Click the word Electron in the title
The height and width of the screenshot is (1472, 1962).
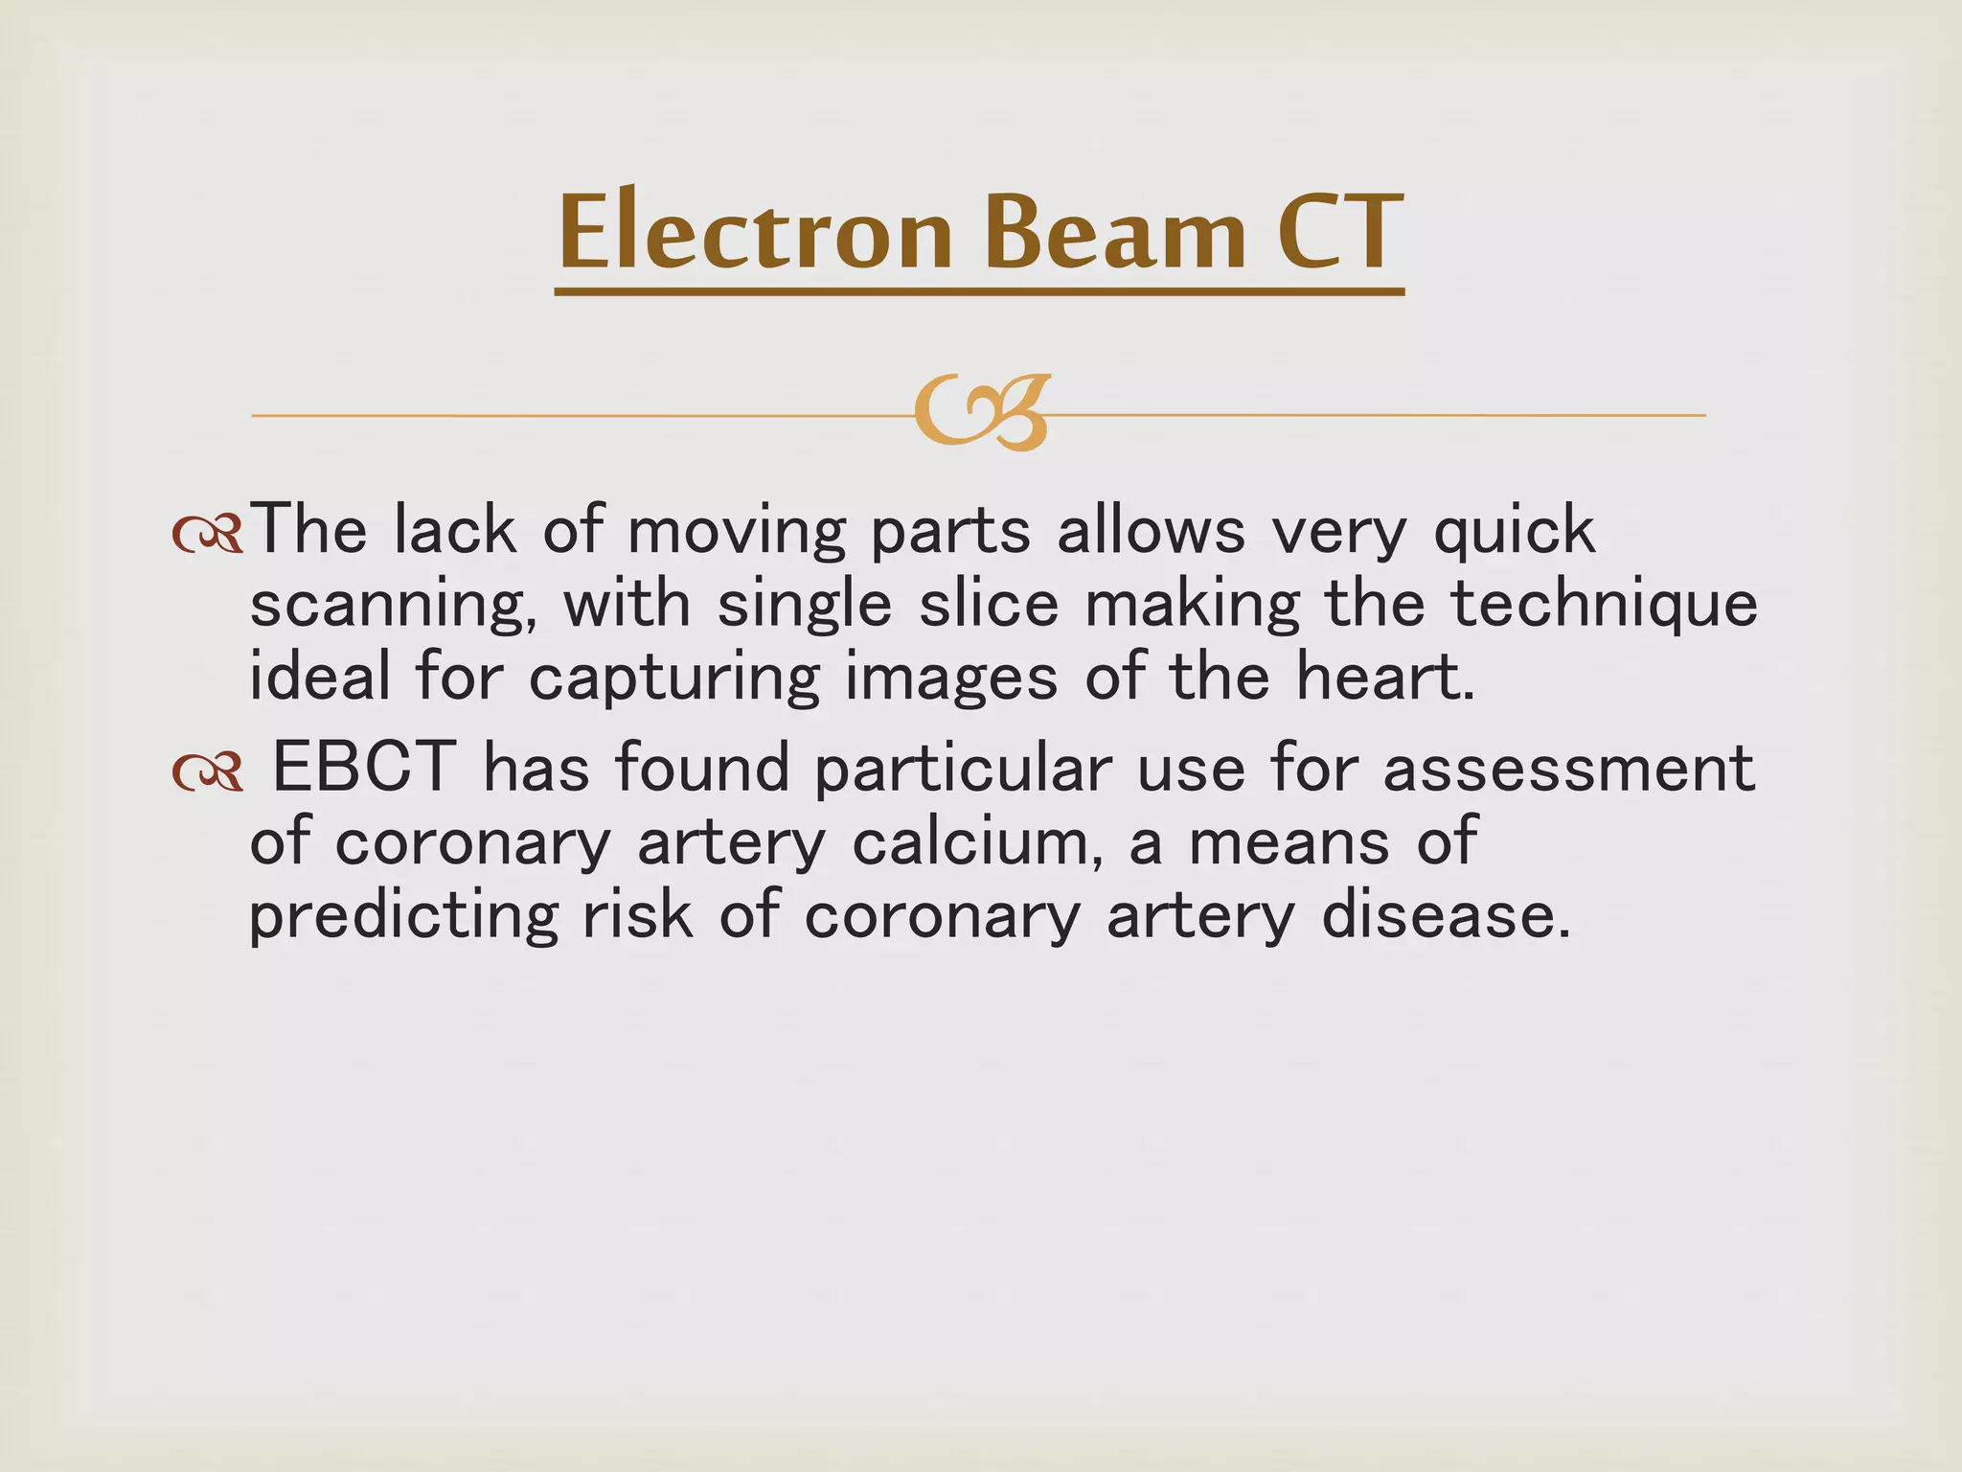click(755, 233)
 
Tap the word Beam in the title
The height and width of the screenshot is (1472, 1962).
click(1115, 233)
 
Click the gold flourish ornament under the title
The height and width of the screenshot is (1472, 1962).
click(981, 414)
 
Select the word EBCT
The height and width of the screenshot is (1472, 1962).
click(363, 769)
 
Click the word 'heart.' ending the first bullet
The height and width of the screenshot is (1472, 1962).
click(1385, 677)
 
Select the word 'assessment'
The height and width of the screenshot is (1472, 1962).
click(1568, 769)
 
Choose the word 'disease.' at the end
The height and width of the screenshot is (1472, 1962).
click(1447, 916)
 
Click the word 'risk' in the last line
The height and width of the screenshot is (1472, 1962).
click(637, 914)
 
